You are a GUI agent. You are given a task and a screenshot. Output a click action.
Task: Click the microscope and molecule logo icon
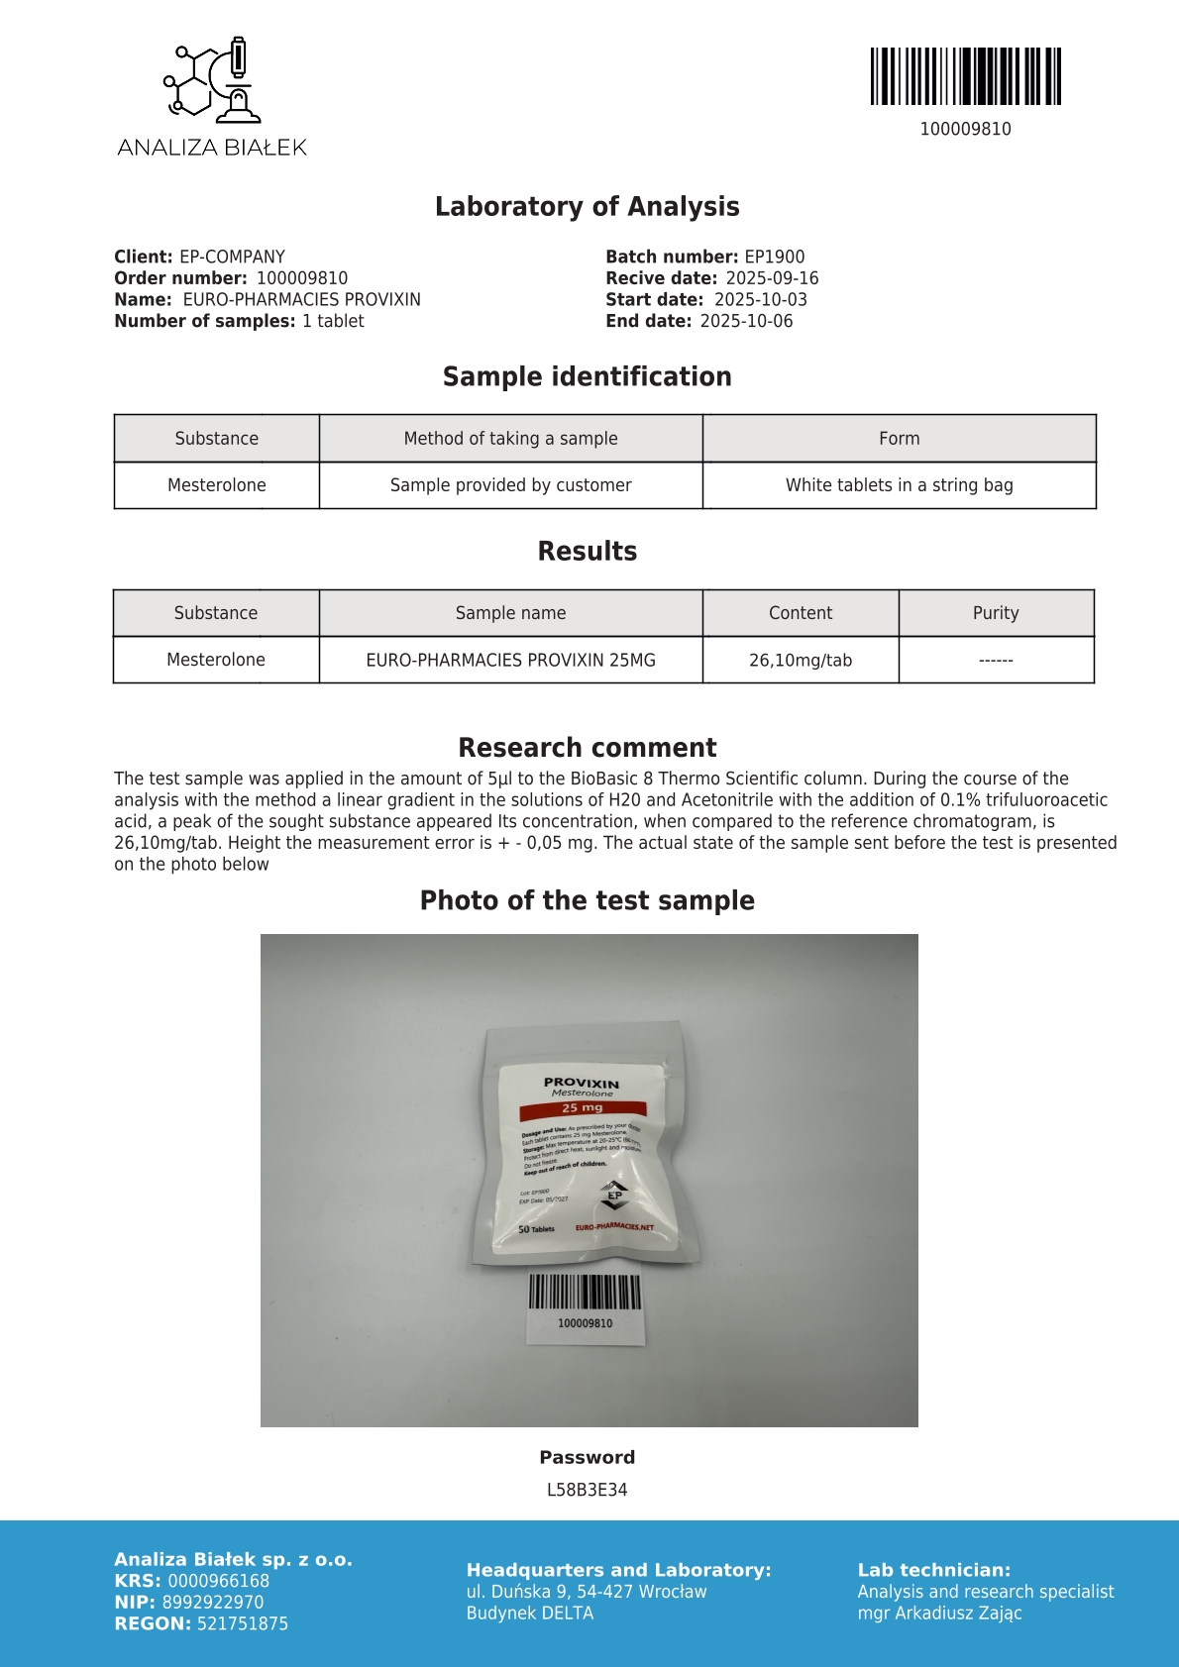(212, 79)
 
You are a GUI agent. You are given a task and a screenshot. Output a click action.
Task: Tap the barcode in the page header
(965, 76)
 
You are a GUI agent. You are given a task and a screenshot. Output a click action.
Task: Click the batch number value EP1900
(774, 257)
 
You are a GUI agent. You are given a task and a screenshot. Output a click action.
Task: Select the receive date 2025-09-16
(772, 278)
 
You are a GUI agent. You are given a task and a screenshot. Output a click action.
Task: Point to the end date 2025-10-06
(746, 321)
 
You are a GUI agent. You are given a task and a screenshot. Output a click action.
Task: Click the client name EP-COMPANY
(232, 257)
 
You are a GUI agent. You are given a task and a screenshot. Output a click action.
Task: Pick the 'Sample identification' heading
(587, 376)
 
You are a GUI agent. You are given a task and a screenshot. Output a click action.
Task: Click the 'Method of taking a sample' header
(510, 438)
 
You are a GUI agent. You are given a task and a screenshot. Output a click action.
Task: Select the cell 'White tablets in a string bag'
(899, 485)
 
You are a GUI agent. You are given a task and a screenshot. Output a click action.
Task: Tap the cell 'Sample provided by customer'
(510, 485)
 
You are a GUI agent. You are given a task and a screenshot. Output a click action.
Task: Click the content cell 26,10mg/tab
(800, 660)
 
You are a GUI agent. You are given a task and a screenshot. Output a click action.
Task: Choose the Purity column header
(995, 613)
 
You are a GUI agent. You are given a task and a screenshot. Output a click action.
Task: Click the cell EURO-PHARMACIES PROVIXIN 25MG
(510, 660)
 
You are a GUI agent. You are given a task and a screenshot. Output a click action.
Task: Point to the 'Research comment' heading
(587, 748)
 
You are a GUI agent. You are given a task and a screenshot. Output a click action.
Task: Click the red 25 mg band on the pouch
(583, 1107)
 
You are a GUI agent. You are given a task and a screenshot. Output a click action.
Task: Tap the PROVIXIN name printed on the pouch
(582, 1084)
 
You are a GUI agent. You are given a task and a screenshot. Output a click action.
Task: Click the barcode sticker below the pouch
(585, 1307)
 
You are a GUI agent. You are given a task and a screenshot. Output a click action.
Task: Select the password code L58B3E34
(587, 1490)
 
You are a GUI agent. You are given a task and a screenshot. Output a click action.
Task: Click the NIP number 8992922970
(213, 1602)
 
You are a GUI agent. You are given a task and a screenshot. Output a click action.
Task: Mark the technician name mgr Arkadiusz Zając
(939, 1613)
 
